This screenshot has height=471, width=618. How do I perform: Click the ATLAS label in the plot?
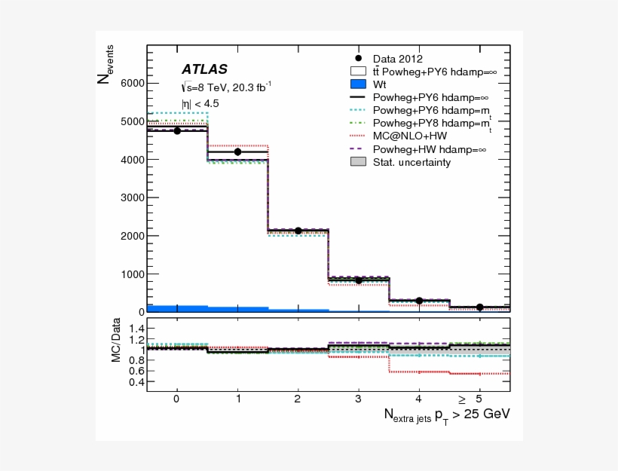click(x=203, y=69)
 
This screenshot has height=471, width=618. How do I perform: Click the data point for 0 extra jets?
click(x=177, y=130)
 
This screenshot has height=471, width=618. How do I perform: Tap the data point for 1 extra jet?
click(x=238, y=151)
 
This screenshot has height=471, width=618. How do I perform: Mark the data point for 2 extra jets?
click(x=298, y=231)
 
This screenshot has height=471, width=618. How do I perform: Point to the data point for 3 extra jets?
click(x=359, y=280)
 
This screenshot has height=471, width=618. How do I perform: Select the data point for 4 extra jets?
click(x=419, y=301)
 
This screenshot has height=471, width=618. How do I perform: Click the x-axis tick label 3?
click(x=359, y=399)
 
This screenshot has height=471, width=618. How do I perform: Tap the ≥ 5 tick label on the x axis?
click(x=471, y=399)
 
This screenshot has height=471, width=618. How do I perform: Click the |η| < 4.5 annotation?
click(x=200, y=103)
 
